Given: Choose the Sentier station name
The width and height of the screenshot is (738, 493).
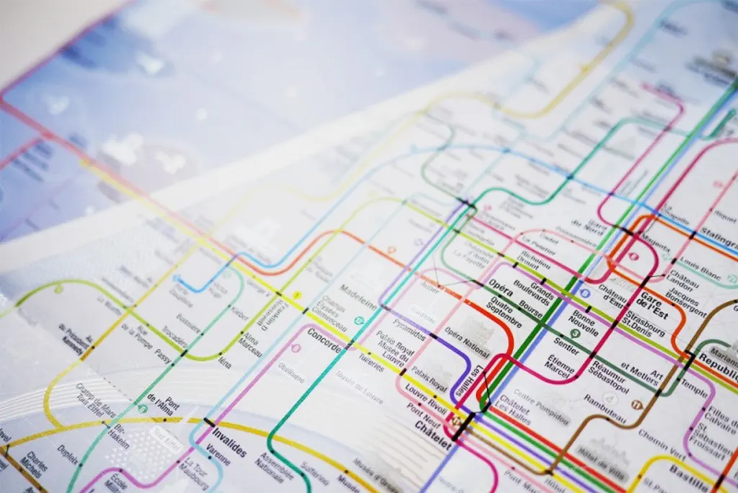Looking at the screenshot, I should pyautogui.click(x=566, y=345).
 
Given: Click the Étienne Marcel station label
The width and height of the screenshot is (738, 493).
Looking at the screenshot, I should pyautogui.click(x=560, y=366).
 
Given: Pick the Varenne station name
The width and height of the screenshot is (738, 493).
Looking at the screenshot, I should pyautogui.click(x=218, y=458).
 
